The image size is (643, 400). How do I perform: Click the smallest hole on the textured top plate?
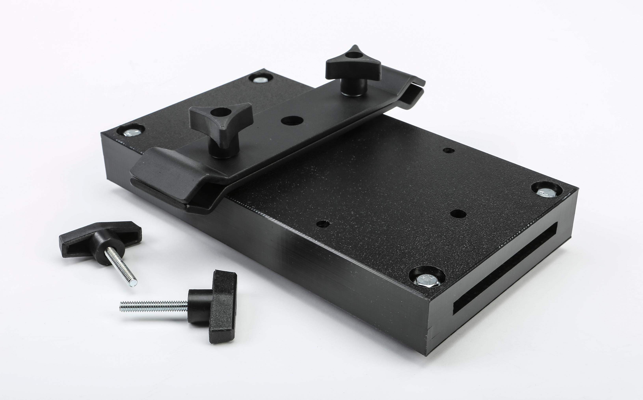[449, 150]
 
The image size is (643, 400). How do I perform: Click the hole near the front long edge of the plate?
[323, 224]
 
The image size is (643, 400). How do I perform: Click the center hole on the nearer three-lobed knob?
[221, 112]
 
